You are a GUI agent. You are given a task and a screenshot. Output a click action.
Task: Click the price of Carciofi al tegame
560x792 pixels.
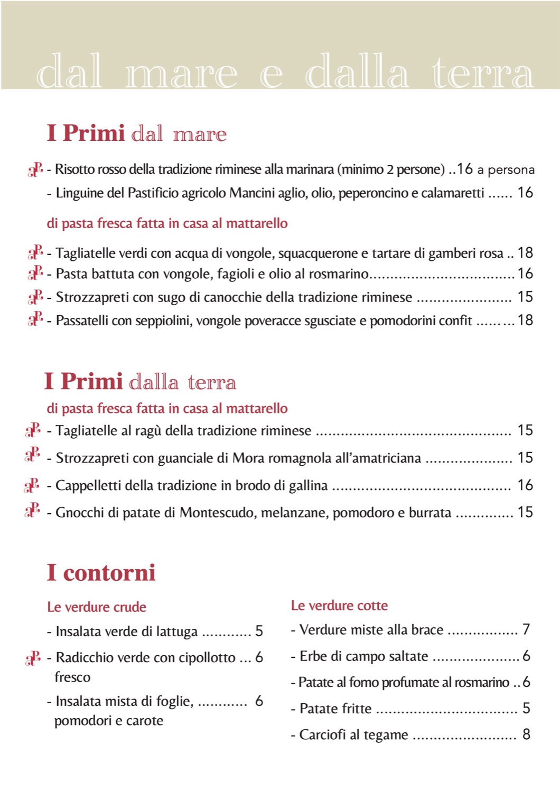point(526,734)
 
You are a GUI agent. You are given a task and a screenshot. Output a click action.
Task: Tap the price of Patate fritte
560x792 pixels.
point(526,708)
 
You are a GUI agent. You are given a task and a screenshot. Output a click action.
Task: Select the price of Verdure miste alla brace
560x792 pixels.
point(526,629)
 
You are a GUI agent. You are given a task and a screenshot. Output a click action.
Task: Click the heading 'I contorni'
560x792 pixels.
point(101,573)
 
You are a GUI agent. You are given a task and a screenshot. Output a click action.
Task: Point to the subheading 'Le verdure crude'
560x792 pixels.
point(97,607)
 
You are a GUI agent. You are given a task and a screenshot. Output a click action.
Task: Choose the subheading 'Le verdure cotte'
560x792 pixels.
point(339,606)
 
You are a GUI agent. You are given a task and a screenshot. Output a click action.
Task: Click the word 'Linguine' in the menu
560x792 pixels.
point(80,193)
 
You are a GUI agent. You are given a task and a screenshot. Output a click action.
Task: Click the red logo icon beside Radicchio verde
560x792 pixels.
point(33,658)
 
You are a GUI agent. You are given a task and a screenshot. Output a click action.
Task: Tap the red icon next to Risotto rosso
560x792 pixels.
point(35,169)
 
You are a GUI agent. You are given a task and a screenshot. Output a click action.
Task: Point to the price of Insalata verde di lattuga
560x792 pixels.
point(259,631)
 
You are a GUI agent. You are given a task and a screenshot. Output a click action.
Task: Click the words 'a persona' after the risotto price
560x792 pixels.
point(506,170)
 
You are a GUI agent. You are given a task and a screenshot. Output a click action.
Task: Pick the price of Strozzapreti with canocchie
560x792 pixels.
point(525,297)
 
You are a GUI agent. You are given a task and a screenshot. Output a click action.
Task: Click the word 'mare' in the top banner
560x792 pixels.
point(181,73)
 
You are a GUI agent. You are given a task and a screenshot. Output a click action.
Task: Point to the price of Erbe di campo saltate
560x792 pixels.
point(526,656)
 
